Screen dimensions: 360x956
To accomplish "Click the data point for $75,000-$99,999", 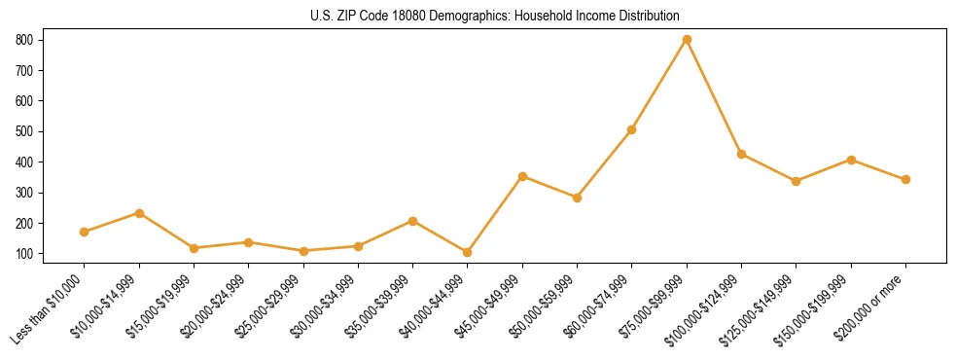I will (x=687, y=39).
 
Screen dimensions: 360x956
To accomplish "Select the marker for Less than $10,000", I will (x=85, y=232).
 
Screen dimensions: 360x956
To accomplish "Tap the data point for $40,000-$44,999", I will (x=468, y=252).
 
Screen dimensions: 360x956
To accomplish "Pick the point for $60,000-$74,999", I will (x=632, y=129).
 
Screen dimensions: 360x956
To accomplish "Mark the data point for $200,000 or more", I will (x=905, y=179).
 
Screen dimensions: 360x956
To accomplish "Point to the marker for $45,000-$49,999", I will (x=522, y=176).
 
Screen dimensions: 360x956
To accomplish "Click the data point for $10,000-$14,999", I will (x=139, y=213).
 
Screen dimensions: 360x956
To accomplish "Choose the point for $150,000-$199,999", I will (x=851, y=160).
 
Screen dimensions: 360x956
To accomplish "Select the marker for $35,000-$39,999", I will (x=412, y=221).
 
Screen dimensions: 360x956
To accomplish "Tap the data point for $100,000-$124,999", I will (x=741, y=154).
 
